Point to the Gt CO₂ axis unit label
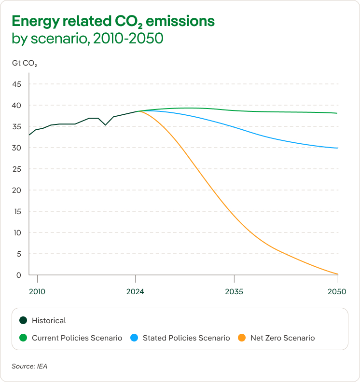pos(24,63)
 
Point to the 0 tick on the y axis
pos(19,275)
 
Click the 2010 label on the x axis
pos(37,292)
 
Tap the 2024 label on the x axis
pos(136,292)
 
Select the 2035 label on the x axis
pos(234,292)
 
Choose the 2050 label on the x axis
pos(337,292)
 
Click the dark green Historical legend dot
pos(23,320)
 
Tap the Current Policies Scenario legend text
pos(77,338)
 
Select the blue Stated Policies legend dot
pos(134,338)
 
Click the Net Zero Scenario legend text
pos(282,338)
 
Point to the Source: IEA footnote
pos(30,366)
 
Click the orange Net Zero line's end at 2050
pos(337,274)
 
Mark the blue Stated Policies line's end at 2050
pos(337,148)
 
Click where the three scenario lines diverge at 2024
pos(137,111)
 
